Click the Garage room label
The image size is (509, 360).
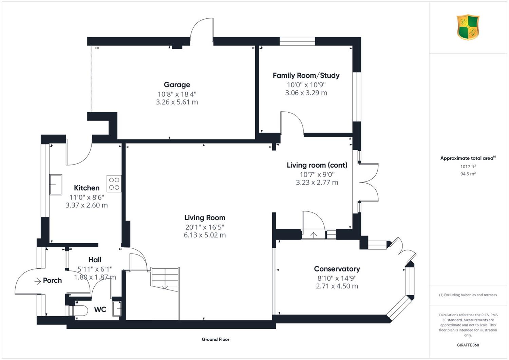177,84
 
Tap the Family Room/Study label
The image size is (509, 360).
306,75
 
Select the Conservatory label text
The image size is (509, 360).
337,269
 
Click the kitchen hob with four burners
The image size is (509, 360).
114,184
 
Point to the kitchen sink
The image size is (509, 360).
56,185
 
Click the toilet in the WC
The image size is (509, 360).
78,310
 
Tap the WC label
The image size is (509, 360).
100,309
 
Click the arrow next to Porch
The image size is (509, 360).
37,282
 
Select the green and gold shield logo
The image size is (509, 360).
468,27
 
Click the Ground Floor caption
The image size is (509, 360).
215,339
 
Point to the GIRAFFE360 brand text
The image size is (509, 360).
468,345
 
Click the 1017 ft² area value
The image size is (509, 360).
468,167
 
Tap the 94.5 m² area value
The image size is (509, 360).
468,174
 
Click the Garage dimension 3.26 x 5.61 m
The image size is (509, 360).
177,102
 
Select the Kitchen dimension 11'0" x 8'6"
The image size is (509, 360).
87,197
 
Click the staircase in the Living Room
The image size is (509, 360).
165,280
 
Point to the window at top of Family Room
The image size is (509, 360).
297,41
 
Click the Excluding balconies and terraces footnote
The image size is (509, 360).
468,295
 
